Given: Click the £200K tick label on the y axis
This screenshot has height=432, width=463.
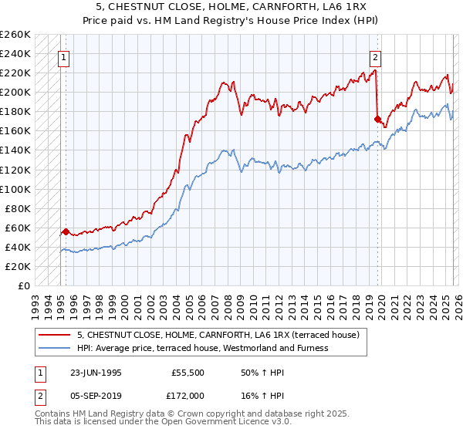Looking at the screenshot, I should tap(15, 93).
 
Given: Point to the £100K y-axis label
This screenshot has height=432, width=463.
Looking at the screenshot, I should tap(15, 189).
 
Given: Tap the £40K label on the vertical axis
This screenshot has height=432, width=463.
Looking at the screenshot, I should tap(18, 247).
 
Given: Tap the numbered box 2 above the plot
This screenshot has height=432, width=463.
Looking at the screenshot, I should tap(375, 56).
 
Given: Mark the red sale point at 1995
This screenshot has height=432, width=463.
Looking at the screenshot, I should tap(66, 231).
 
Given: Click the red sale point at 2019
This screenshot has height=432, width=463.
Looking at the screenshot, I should tap(377, 119).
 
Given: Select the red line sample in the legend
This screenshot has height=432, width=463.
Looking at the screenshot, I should tap(55, 336).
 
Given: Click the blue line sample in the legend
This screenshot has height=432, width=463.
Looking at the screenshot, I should tap(55, 348).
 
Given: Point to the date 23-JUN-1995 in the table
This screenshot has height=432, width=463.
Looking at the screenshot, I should tap(96, 372).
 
